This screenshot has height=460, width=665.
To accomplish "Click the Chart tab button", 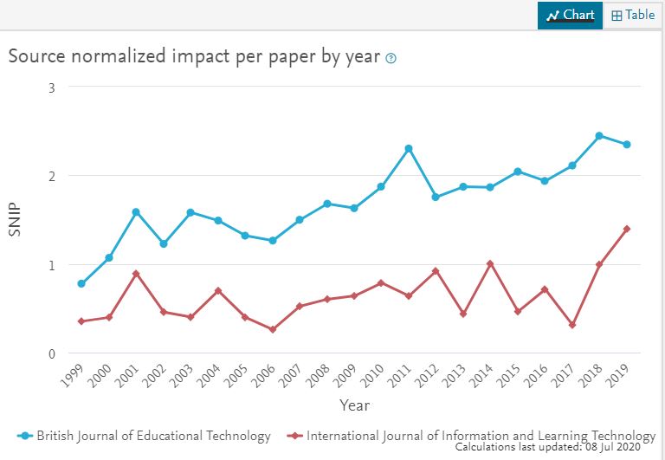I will pyautogui.click(x=570, y=15).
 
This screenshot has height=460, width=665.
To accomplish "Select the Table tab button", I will pyautogui.click(x=633, y=15).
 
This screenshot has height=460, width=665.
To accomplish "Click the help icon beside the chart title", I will pyautogui.click(x=391, y=58).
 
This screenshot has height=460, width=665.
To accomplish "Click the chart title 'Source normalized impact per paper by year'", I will pyautogui.click(x=194, y=56).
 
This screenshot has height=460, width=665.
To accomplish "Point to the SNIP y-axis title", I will pyautogui.click(x=15, y=220).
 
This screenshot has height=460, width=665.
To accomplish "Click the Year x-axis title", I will pyautogui.click(x=354, y=405).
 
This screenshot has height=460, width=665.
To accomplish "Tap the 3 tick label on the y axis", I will pyautogui.click(x=52, y=87).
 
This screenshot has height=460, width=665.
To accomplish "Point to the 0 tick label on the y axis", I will pyautogui.click(x=52, y=353).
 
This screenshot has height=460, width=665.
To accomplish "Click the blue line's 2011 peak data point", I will pyautogui.click(x=409, y=149).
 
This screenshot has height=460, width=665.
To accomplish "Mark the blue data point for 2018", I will pyautogui.click(x=599, y=136).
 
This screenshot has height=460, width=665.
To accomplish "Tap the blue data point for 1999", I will pyautogui.click(x=81, y=284).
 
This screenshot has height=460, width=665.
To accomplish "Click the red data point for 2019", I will pyautogui.click(x=627, y=229).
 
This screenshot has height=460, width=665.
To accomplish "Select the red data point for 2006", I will pyautogui.click(x=273, y=329).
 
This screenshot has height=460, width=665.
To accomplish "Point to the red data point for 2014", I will pyautogui.click(x=490, y=263).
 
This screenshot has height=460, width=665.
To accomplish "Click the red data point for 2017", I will pyautogui.click(x=572, y=325).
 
